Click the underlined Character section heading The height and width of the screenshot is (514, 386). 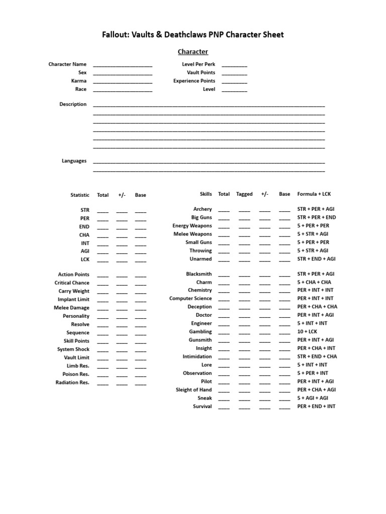pyautogui.click(x=194, y=52)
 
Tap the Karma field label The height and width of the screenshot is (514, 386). pyautogui.click(x=79, y=81)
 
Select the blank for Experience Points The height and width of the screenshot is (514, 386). pyautogui.click(x=234, y=82)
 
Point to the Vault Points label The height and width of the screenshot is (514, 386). pyautogui.click(x=201, y=73)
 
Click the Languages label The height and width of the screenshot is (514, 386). pyautogui.click(x=74, y=161)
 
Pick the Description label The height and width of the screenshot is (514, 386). pyautogui.click(x=73, y=104)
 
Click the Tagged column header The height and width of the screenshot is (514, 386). pyautogui.click(x=244, y=194)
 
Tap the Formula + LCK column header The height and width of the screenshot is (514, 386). pyautogui.click(x=314, y=194)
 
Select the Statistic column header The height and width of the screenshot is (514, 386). pyautogui.click(x=80, y=195)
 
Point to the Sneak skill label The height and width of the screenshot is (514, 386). pyautogui.click(x=205, y=398)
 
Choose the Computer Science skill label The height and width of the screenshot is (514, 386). pyautogui.click(x=190, y=299)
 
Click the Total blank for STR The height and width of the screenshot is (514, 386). pyautogui.click(x=103, y=211)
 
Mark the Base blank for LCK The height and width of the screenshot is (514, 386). pyautogui.click(x=141, y=261)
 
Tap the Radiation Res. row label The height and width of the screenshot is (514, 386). pyautogui.click(x=72, y=383)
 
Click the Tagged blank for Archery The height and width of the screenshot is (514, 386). pyautogui.click(x=244, y=210)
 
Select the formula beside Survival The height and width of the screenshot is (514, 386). pyautogui.click(x=316, y=407)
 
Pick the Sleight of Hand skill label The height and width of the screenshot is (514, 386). pyautogui.click(x=194, y=390)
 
